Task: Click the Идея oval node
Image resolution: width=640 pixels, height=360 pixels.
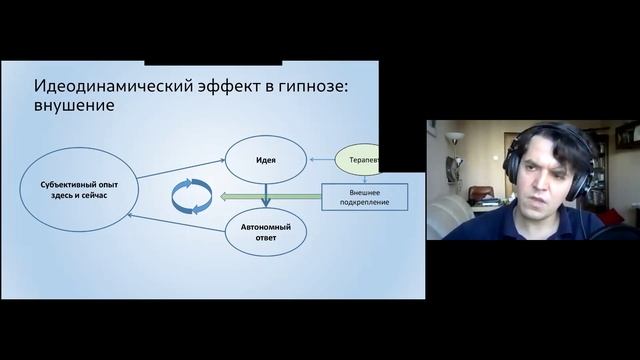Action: pyautogui.click(x=265, y=158)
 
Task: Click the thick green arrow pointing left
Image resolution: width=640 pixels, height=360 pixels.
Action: pyautogui.click(x=270, y=196)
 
